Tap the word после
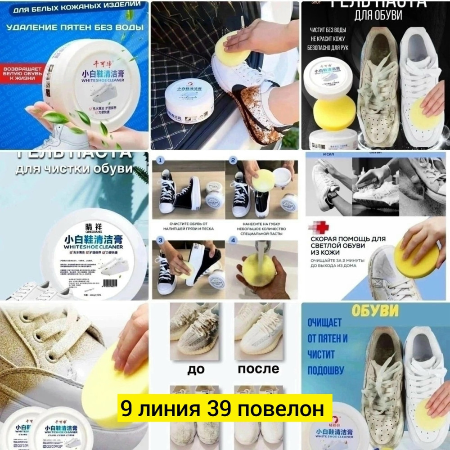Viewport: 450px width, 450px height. [258, 369]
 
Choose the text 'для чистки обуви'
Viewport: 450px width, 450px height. [75, 170]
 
